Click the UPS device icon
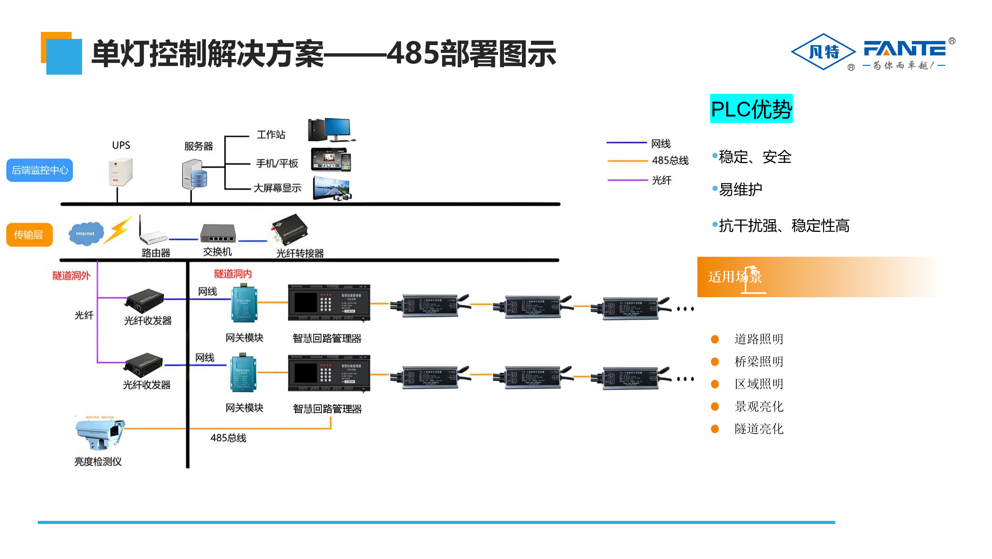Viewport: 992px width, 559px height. point(120,172)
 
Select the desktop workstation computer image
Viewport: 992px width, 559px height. point(331,130)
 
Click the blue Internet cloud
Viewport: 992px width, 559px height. point(86,233)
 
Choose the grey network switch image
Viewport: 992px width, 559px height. point(218,233)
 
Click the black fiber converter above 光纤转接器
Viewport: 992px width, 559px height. point(290,230)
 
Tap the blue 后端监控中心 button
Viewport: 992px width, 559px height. point(40,170)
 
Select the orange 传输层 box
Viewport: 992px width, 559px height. point(29,235)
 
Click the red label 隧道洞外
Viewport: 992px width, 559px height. point(71,276)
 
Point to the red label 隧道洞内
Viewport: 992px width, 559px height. point(233,274)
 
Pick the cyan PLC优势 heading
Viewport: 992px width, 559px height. point(751,109)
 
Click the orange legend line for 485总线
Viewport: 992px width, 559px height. point(627,160)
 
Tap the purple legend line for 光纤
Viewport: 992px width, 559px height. point(627,180)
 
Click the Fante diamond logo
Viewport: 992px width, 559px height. point(823,52)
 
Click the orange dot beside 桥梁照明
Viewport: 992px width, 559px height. point(715,362)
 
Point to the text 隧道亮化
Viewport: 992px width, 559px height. point(758,429)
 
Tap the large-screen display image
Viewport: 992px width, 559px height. point(332,188)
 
